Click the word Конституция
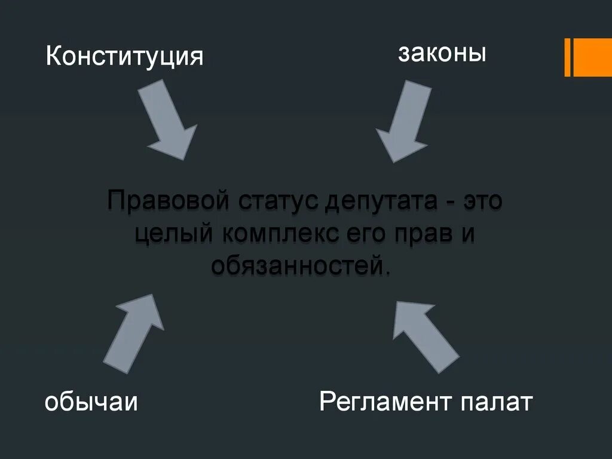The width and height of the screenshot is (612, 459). tap(125, 57)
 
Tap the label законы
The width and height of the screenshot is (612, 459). tap(442, 54)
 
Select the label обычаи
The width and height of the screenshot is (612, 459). tap(91, 402)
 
